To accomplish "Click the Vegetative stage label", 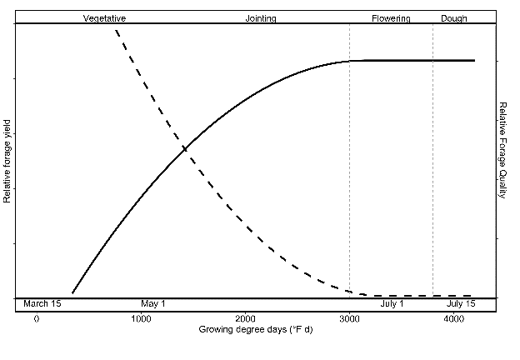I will (104, 17).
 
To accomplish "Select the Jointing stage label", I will (262, 17).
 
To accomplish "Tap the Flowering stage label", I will (391, 17).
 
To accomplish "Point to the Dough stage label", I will (454, 17).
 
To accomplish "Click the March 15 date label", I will (42, 304).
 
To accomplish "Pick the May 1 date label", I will (153, 304).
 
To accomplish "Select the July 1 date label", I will (392, 304).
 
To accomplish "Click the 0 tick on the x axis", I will (37, 319).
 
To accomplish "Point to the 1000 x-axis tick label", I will (141, 319).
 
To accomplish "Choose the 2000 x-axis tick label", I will (245, 319).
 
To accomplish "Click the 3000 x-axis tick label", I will (349, 319).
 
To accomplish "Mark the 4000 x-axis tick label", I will (453, 319).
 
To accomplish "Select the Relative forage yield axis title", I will (7, 160).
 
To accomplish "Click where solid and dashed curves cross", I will (184, 148).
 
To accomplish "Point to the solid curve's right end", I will (474, 60).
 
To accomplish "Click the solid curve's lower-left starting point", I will (72, 293).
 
